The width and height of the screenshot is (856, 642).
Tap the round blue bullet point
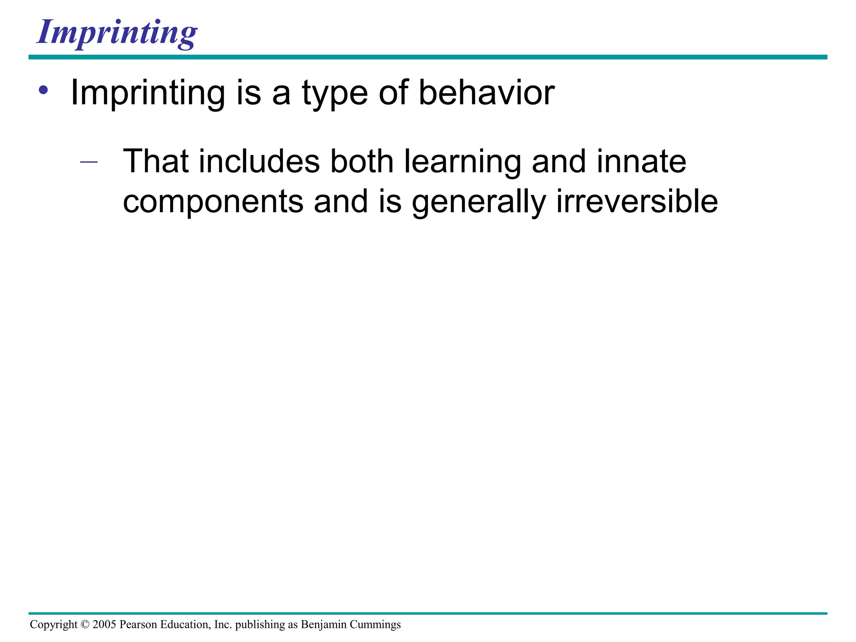click(x=43, y=90)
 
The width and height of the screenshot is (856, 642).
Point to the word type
click(x=334, y=94)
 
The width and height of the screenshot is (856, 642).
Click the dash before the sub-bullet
click(x=89, y=162)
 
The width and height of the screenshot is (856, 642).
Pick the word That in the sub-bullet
click(x=155, y=161)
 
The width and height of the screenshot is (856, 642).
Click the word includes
click(x=259, y=161)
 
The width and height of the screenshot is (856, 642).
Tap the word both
click(x=362, y=161)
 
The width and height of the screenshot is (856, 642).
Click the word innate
click(x=641, y=161)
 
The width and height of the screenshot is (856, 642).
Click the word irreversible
click(x=637, y=201)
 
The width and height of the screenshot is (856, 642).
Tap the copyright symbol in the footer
click(x=85, y=624)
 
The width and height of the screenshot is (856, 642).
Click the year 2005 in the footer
click(x=104, y=624)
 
